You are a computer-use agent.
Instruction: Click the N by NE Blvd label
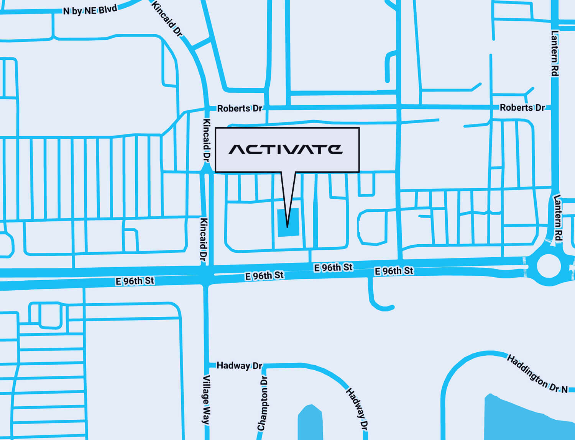point(90,10)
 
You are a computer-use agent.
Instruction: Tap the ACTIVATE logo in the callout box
point(286,149)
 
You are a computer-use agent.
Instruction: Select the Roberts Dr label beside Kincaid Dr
point(239,108)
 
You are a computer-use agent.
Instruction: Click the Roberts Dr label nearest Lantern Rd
point(522,108)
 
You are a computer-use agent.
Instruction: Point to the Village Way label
point(206,400)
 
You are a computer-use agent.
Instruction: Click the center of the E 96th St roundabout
point(549,265)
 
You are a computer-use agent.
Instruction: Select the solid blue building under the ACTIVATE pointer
point(287,222)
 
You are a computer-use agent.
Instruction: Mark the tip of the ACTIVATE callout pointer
point(287,227)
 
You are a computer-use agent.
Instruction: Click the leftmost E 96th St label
point(135,281)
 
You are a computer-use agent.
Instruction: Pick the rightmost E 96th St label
point(394,271)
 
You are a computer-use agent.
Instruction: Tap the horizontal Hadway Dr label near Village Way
point(239,366)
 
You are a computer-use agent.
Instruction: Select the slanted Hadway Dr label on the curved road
point(357,409)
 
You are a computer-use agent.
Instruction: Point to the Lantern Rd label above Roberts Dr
point(554,53)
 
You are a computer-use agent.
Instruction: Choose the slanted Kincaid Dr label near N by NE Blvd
point(167,18)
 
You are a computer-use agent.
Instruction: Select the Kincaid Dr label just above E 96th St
point(204,240)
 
